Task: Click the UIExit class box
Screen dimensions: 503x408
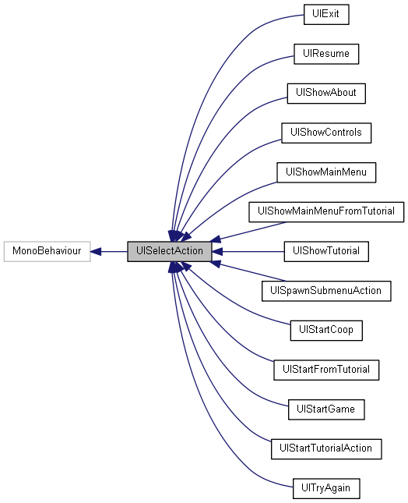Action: pos(325,14)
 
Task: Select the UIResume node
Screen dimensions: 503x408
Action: pos(325,53)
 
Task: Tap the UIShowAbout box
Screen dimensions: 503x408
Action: pos(325,92)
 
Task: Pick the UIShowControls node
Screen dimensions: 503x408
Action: pos(325,133)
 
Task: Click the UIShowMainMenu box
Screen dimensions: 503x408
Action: pos(325,172)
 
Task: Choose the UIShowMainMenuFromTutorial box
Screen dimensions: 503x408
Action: pos(325,211)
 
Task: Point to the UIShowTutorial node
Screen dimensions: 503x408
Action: pos(325,251)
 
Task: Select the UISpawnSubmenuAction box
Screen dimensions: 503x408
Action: pos(325,291)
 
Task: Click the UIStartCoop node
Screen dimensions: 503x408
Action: pos(325,330)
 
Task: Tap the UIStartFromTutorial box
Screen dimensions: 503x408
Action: pos(325,369)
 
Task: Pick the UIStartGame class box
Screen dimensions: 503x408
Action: pos(325,409)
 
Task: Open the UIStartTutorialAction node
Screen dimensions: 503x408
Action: pos(325,448)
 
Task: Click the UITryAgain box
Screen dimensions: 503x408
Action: pos(325,488)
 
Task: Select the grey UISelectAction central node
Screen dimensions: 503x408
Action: pos(169,251)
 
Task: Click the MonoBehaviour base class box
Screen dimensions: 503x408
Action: pos(47,251)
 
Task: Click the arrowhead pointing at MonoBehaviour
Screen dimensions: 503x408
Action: pos(96,251)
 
